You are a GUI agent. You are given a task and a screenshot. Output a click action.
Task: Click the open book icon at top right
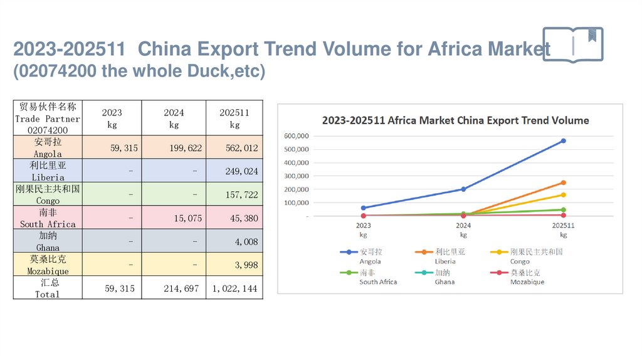572,44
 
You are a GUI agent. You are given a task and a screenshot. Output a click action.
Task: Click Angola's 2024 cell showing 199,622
174,149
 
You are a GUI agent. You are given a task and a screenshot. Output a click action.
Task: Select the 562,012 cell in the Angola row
234,149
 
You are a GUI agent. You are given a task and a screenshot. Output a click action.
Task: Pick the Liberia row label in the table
48,171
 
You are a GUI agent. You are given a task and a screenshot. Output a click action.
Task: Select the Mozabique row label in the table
48,265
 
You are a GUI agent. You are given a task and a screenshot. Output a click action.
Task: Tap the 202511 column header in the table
234,118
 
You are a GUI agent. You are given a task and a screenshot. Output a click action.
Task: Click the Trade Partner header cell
48,118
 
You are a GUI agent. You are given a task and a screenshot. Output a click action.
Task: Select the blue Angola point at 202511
563,140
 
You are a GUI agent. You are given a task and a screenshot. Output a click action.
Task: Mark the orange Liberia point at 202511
563,183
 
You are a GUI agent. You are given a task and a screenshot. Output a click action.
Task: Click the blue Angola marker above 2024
463,189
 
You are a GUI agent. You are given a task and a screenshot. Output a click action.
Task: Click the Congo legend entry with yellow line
527,256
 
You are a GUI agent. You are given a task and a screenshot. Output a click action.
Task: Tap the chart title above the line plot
455,120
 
